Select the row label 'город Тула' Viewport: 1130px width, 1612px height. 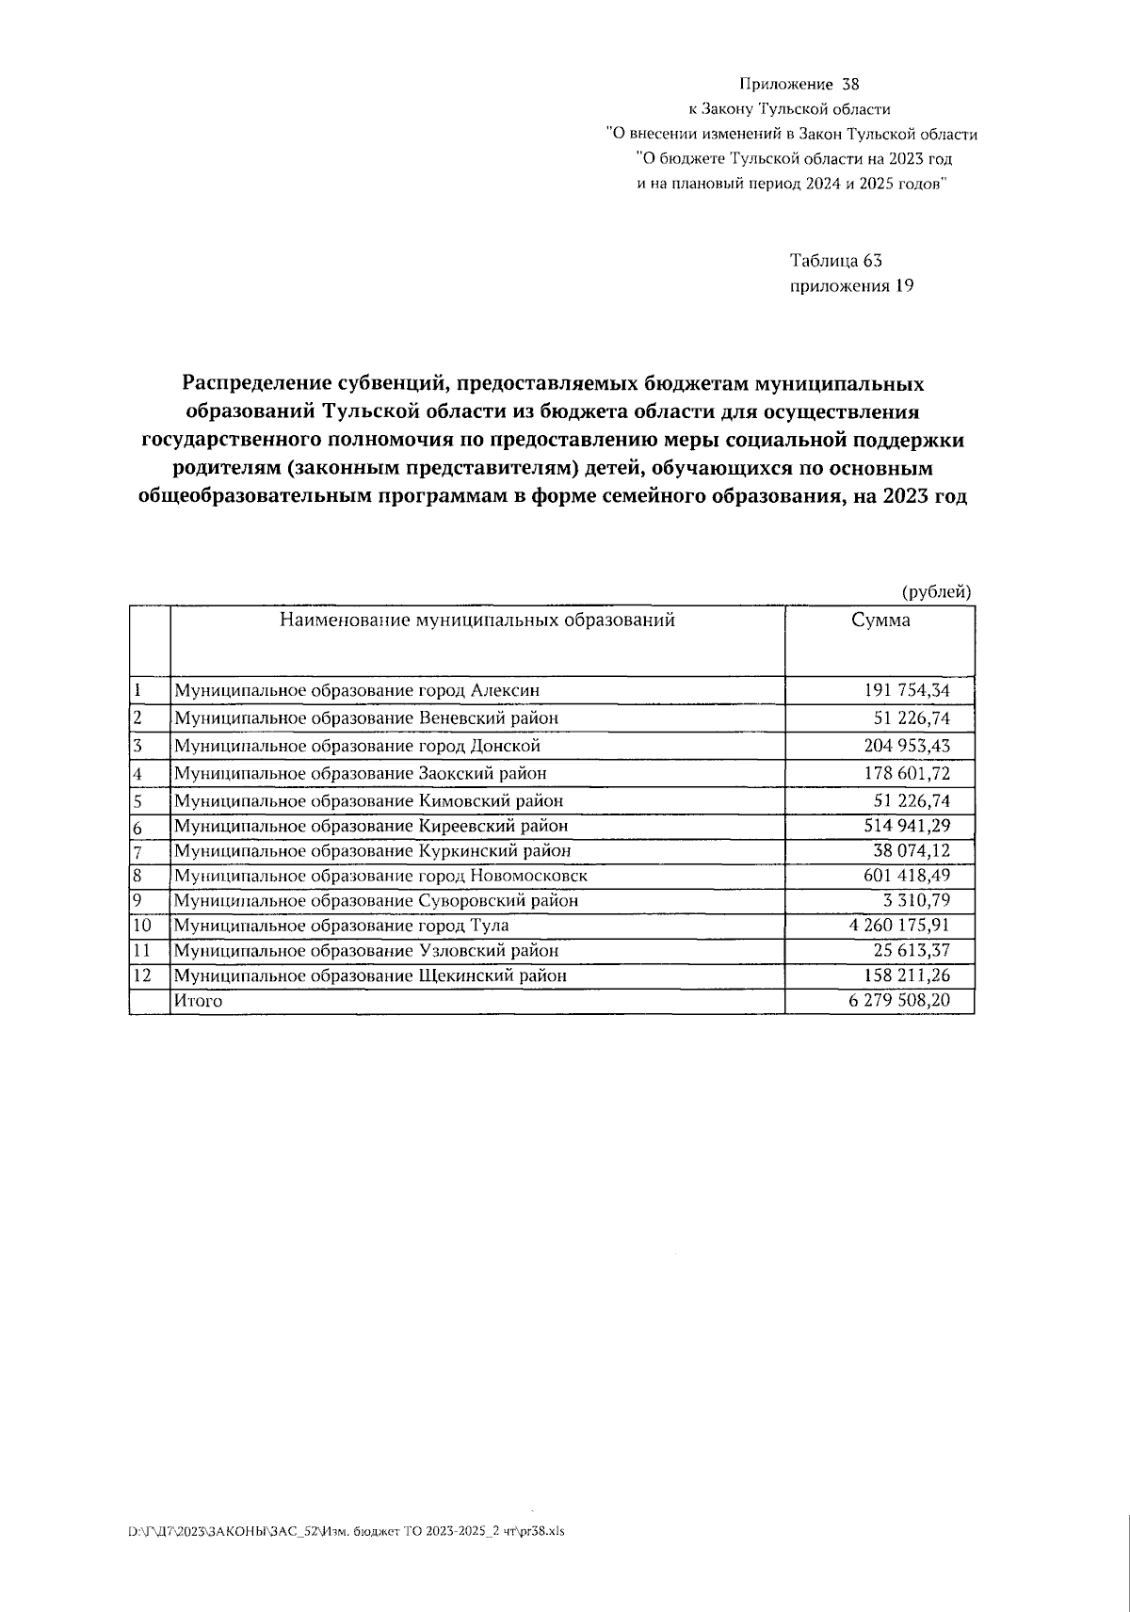pos(341,926)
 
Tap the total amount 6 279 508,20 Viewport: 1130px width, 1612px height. pos(899,1000)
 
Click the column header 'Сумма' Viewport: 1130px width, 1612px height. pos(880,621)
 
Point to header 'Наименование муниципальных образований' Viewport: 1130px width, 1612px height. pos(476,621)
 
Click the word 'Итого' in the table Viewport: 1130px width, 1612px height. pos(198,1001)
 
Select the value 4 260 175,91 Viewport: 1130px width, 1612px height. pos(899,926)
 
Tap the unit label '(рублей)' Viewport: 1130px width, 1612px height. pos(936,591)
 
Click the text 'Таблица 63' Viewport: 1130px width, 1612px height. pos(835,261)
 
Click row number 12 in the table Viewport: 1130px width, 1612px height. pos(141,975)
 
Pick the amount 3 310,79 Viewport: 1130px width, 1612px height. pos(916,900)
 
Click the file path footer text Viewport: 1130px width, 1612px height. pos(346,1531)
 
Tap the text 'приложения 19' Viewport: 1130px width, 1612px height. pos(851,286)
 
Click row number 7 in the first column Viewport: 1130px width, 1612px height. pos(137,851)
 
